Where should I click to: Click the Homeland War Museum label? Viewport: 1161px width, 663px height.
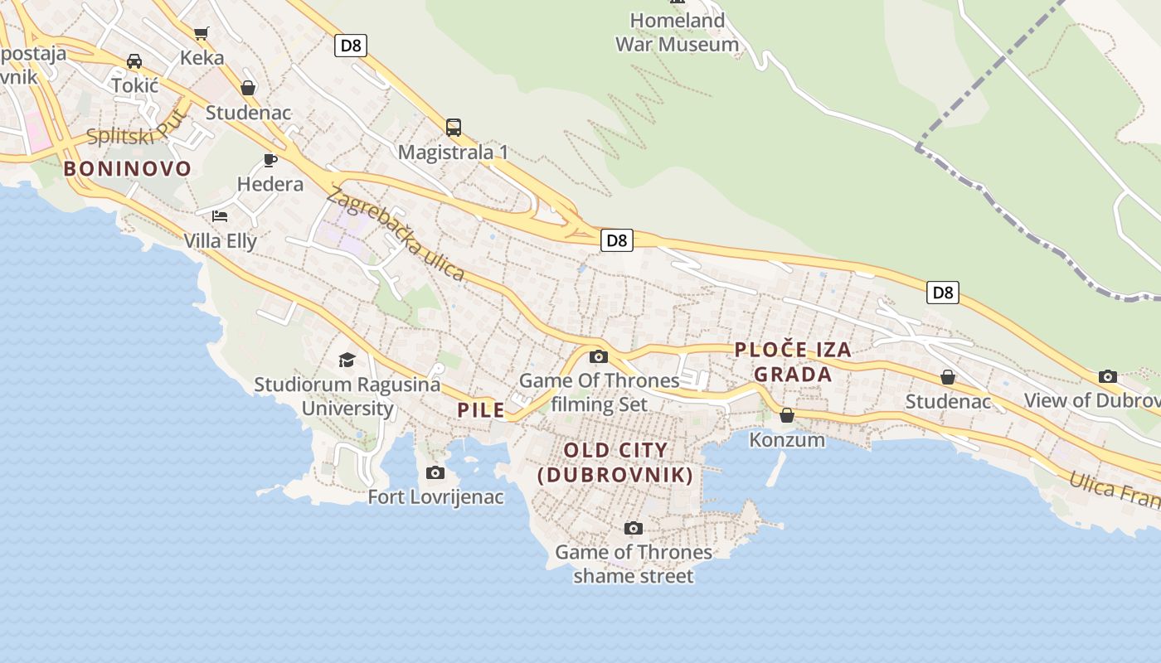tap(677, 32)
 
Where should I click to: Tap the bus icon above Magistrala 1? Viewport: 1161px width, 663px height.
tap(453, 128)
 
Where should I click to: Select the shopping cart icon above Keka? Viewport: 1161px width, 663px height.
tap(202, 33)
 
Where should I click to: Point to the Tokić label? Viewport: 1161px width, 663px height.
tap(134, 85)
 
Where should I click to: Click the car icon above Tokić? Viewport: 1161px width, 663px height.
tap(134, 60)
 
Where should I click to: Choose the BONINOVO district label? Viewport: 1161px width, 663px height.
tap(128, 169)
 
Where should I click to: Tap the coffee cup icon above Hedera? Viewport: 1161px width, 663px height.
tap(270, 159)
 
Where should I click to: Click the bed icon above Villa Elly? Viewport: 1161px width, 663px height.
tap(220, 216)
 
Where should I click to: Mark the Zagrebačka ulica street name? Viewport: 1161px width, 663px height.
tap(396, 235)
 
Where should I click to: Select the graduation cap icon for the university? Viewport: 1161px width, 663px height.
tap(347, 360)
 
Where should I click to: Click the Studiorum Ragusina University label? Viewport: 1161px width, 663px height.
tap(347, 396)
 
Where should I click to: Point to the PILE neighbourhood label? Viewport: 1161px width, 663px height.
tap(481, 410)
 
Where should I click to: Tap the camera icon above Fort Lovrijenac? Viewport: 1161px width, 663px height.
tap(435, 472)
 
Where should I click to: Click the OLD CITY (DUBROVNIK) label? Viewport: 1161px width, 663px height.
tap(615, 462)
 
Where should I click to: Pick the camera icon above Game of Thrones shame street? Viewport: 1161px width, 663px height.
tap(633, 528)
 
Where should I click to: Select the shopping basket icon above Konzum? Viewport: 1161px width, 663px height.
tap(786, 415)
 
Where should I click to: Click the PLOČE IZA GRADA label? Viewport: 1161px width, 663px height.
tap(793, 362)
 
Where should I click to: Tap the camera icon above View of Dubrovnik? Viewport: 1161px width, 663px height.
tap(1107, 376)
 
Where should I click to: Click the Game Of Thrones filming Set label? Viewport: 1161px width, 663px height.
tap(599, 393)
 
